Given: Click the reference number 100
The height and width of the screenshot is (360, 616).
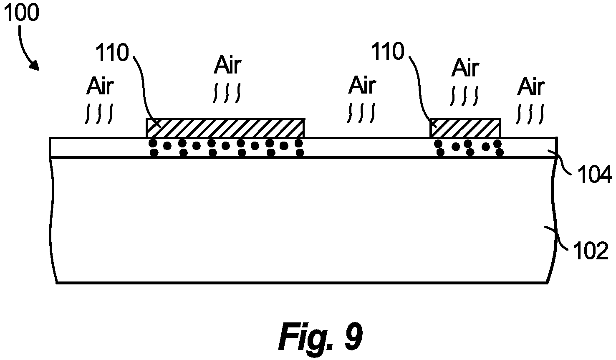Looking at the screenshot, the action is pos(21,13).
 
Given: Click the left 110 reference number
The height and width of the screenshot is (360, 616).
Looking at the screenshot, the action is pos(112,53).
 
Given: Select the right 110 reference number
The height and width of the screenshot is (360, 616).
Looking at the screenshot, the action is pos(388,51).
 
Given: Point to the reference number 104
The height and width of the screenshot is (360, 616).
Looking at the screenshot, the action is pos(594,175).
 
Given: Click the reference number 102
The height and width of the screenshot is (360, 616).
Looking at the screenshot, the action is pos(590,251).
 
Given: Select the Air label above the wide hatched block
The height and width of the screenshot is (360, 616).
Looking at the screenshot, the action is pos(228,65).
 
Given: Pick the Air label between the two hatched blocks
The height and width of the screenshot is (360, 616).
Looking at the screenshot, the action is pos(362,85).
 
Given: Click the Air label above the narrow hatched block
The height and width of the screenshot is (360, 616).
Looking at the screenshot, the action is pos(465,68).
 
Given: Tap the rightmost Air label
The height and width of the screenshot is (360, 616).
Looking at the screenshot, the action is pos(531,86).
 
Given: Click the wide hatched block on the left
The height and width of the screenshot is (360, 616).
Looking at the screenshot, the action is pos(225,128).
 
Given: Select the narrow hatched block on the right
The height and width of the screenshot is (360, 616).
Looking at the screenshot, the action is pos(465,128).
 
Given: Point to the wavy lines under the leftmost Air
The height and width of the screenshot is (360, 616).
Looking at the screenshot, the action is pos(99,114).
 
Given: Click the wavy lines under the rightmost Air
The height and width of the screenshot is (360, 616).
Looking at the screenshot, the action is pos(530,114).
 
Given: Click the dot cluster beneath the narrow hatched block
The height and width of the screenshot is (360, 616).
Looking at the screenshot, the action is pos(469,148).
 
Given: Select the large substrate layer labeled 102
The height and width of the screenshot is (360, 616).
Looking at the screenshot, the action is pos(303,220).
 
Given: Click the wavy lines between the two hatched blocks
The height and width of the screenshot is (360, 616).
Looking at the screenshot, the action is pos(361,113).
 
